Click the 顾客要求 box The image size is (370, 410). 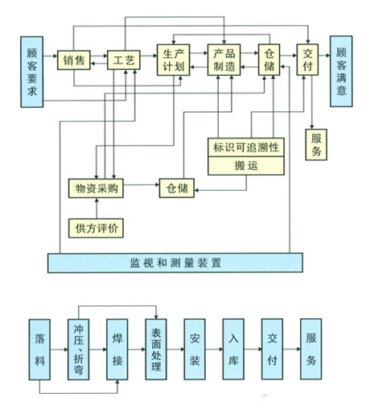point(32,72)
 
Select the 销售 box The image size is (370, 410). point(74,60)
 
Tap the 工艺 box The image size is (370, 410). point(124,60)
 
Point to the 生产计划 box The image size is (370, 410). point(174,60)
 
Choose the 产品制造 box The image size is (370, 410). point(224,60)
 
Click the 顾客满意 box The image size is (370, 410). point(341,72)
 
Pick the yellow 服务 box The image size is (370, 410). point(316,145)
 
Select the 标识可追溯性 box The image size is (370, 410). point(246,147)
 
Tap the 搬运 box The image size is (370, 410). point(246,166)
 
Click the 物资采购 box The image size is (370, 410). point(96,188)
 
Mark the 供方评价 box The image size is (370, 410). point(96,228)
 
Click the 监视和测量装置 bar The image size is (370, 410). point(175,263)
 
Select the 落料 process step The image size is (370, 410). point(39,350)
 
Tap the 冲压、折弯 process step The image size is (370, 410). point(78,350)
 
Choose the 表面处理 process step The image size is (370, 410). point(156,350)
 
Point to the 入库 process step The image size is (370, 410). point(233,349)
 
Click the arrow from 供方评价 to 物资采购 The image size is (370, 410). point(97,208)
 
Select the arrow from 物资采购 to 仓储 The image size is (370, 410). point(142,184)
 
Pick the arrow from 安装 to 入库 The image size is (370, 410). point(214,350)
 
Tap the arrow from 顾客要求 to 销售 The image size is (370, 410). point(50,56)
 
